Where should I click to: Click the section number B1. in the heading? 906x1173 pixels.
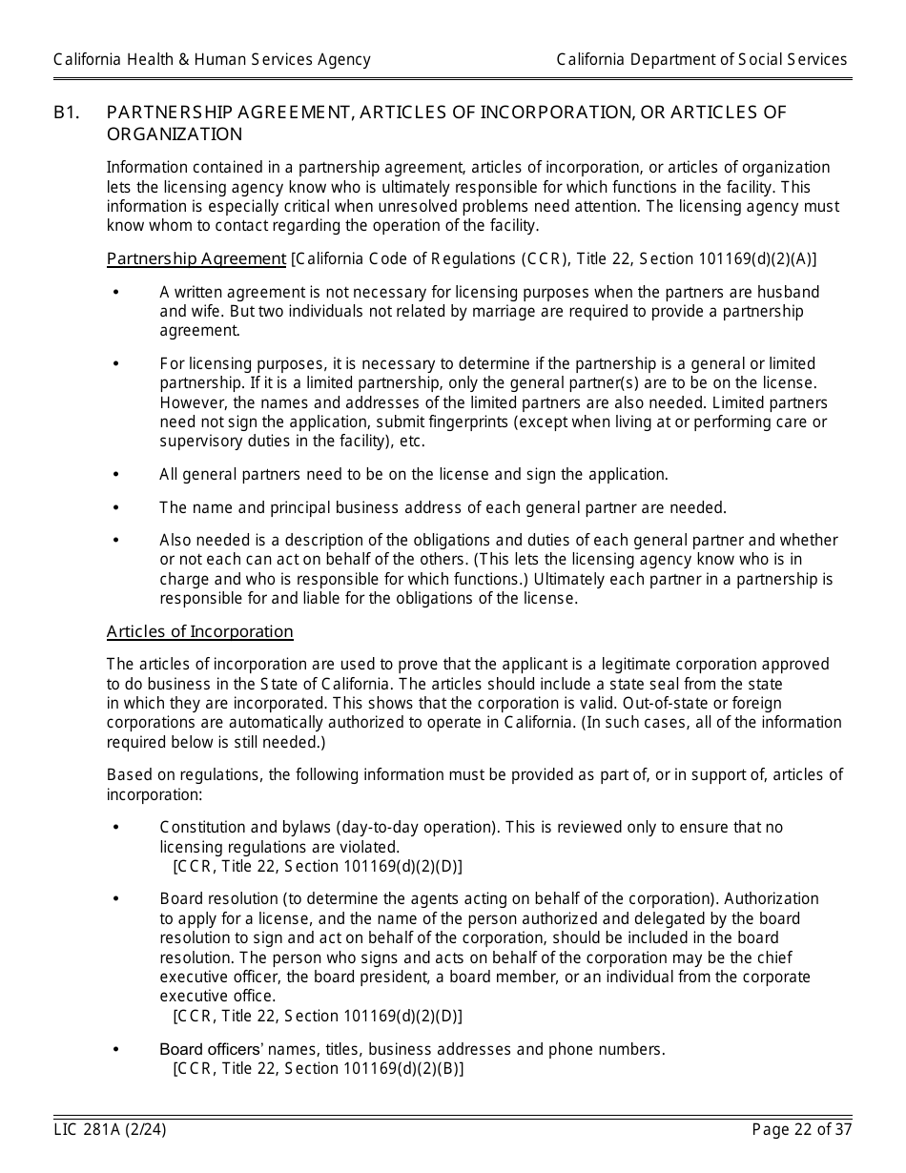[x=66, y=113]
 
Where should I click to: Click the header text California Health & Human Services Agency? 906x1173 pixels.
[x=212, y=59]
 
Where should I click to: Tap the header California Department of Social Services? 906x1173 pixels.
[x=702, y=59]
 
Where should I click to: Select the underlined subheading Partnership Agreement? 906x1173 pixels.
[x=196, y=258]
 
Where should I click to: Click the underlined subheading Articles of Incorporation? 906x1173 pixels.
[x=200, y=631]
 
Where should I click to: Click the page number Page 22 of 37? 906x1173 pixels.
[x=802, y=1130]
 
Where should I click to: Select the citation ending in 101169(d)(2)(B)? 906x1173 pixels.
[x=319, y=1068]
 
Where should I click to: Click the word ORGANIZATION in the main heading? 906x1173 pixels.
[x=175, y=134]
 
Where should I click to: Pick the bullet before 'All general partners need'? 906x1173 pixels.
[x=116, y=474]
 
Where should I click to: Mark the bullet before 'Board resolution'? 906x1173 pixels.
[x=116, y=898]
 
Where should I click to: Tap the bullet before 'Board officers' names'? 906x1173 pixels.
[x=116, y=1049]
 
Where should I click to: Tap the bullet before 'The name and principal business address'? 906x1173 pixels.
[x=116, y=507]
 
